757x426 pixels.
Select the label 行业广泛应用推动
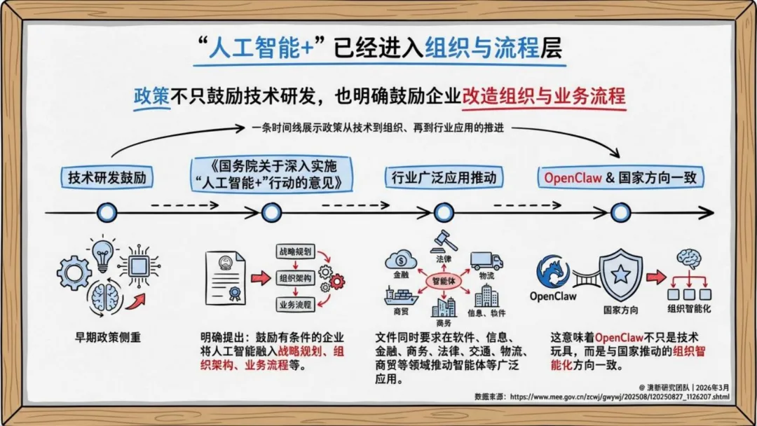point(444,177)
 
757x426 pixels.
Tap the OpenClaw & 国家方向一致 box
point(621,177)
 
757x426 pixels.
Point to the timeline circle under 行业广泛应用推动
point(444,212)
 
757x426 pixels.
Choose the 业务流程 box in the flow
point(294,304)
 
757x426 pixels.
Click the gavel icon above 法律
point(443,240)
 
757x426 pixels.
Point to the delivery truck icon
point(486,261)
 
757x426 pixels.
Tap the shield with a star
point(620,274)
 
